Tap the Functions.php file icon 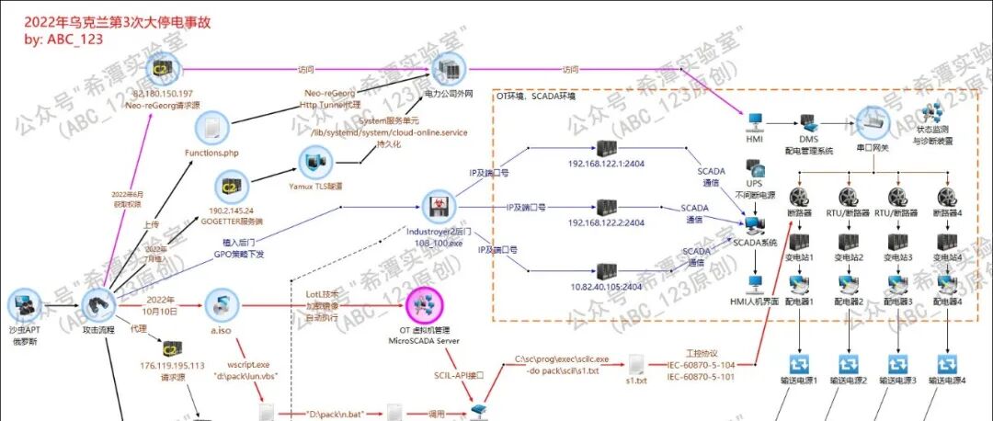211,128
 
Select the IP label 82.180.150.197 164,94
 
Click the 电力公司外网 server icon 448,66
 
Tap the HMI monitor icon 753,122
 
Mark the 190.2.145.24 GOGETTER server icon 232,188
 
